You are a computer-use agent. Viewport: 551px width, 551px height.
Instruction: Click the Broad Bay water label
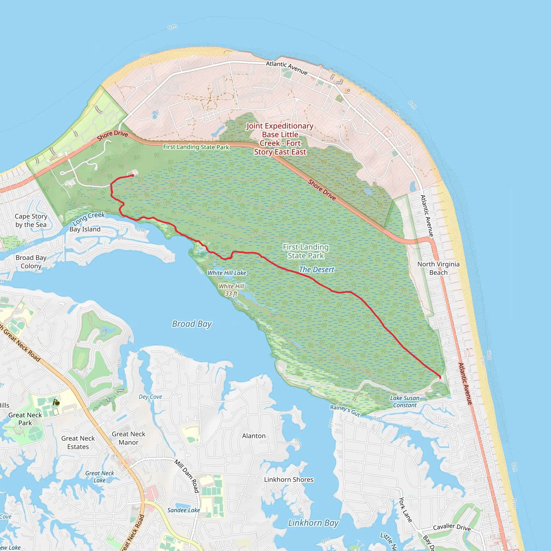point(192,324)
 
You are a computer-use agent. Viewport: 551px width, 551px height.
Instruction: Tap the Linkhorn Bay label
point(313,523)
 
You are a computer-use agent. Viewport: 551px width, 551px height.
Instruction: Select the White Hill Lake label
point(227,273)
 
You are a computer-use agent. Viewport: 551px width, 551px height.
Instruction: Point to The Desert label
point(316,270)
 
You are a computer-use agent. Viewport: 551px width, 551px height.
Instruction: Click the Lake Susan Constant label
point(405,402)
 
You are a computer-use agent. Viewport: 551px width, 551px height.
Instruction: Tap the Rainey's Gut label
point(345,411)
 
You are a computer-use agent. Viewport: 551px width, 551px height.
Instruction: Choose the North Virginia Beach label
point(438,268)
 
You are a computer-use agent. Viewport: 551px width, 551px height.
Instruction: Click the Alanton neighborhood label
point(253,436)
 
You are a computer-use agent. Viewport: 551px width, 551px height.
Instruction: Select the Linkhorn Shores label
point(289,479)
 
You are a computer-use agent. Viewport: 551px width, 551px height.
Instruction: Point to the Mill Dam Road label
point(187,476)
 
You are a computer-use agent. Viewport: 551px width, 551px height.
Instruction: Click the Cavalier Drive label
point(452,527)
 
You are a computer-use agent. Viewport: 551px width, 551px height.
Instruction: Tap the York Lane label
point(405,510)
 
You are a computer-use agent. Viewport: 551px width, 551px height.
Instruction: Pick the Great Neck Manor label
point(128,438)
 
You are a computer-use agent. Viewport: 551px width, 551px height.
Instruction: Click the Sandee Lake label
point(183,510)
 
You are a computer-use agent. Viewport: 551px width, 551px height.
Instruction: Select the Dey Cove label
point(150,397)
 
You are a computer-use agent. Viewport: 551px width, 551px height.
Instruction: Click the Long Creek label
point(89,218)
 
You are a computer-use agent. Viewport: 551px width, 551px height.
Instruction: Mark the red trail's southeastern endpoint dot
point(440,377)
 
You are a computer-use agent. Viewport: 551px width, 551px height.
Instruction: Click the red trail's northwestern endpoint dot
point(133,175)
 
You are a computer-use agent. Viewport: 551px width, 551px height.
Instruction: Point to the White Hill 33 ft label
point(231,290)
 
